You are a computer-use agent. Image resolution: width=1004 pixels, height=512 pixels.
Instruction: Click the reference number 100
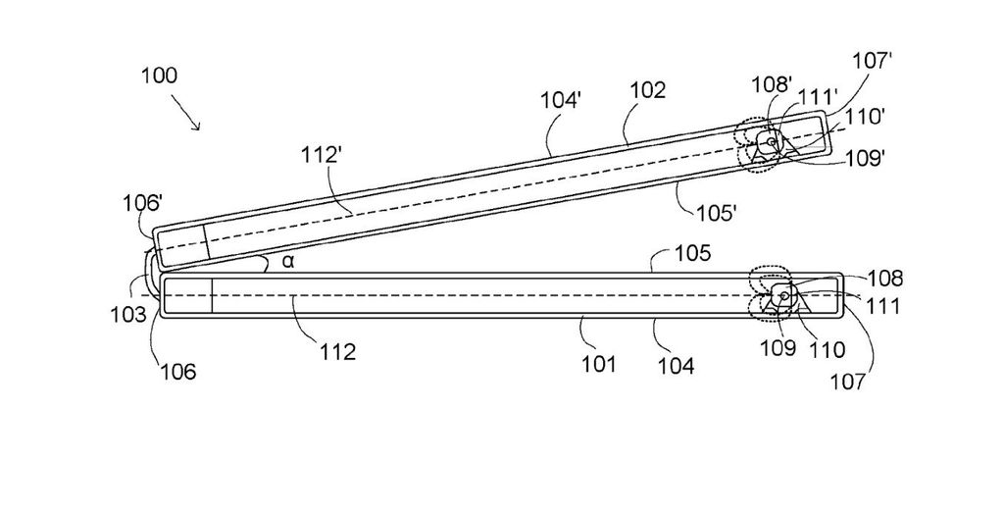[x=158, y=76]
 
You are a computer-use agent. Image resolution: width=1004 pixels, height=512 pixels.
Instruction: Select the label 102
[x=647, y=90]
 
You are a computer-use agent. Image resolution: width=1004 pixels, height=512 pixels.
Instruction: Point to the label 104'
[x=560, y=100]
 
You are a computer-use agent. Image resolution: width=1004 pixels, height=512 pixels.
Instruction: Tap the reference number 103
[x=127, y=314]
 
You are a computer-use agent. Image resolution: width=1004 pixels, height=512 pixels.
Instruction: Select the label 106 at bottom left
[x=177, y=372]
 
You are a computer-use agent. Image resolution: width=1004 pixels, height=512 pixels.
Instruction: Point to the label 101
[x=598, y=365]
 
